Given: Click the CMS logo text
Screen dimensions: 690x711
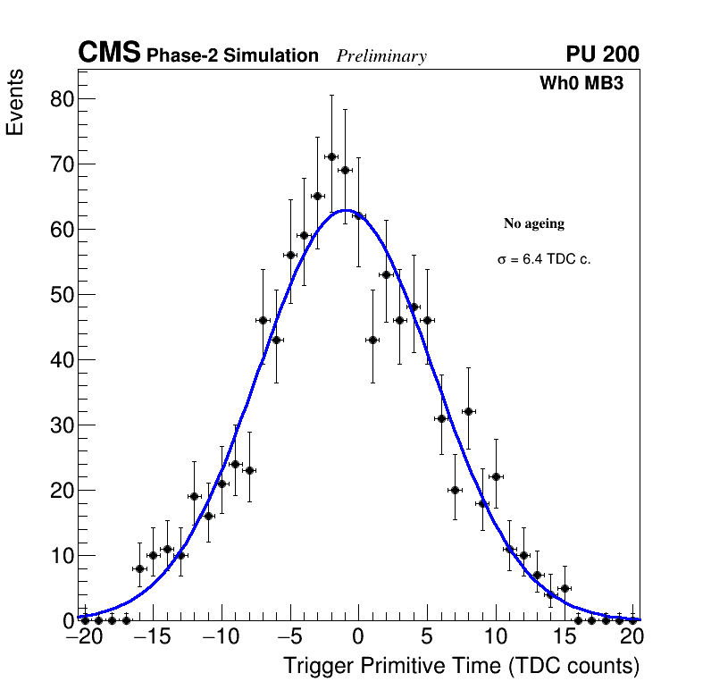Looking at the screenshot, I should coord(109,54).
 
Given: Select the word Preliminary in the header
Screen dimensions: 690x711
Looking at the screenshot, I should coord(381,56).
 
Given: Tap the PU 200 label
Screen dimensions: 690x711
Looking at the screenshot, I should coord(602,55).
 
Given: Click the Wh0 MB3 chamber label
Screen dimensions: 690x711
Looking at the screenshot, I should coord(581,83).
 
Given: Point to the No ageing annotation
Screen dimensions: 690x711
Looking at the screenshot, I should coord(534,223).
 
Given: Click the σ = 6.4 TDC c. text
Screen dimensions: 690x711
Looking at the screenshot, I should coord(544,260).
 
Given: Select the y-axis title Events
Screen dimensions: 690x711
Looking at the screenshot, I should coord(15,102).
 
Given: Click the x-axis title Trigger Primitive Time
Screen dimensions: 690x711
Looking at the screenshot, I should coord(461,666).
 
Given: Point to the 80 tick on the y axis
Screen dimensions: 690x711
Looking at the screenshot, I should coord(61,99).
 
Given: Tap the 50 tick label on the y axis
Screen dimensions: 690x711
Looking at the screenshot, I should coord(61,295).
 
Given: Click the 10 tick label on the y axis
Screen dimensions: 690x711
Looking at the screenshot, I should coord(61,556).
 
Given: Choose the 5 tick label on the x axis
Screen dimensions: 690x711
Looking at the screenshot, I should coord(427,637).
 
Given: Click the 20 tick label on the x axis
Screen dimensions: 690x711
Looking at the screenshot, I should coord(633,637).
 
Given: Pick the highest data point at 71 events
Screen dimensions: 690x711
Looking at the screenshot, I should coord(331,156).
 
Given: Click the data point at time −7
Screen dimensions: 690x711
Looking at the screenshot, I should coord(263,320).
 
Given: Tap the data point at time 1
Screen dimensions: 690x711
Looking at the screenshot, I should coord(372,340).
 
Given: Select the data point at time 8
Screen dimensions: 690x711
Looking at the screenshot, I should coord(468,411).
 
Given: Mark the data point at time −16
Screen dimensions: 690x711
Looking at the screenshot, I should coord(139,568).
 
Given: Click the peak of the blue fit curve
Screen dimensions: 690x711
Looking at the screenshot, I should coord(347,210).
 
